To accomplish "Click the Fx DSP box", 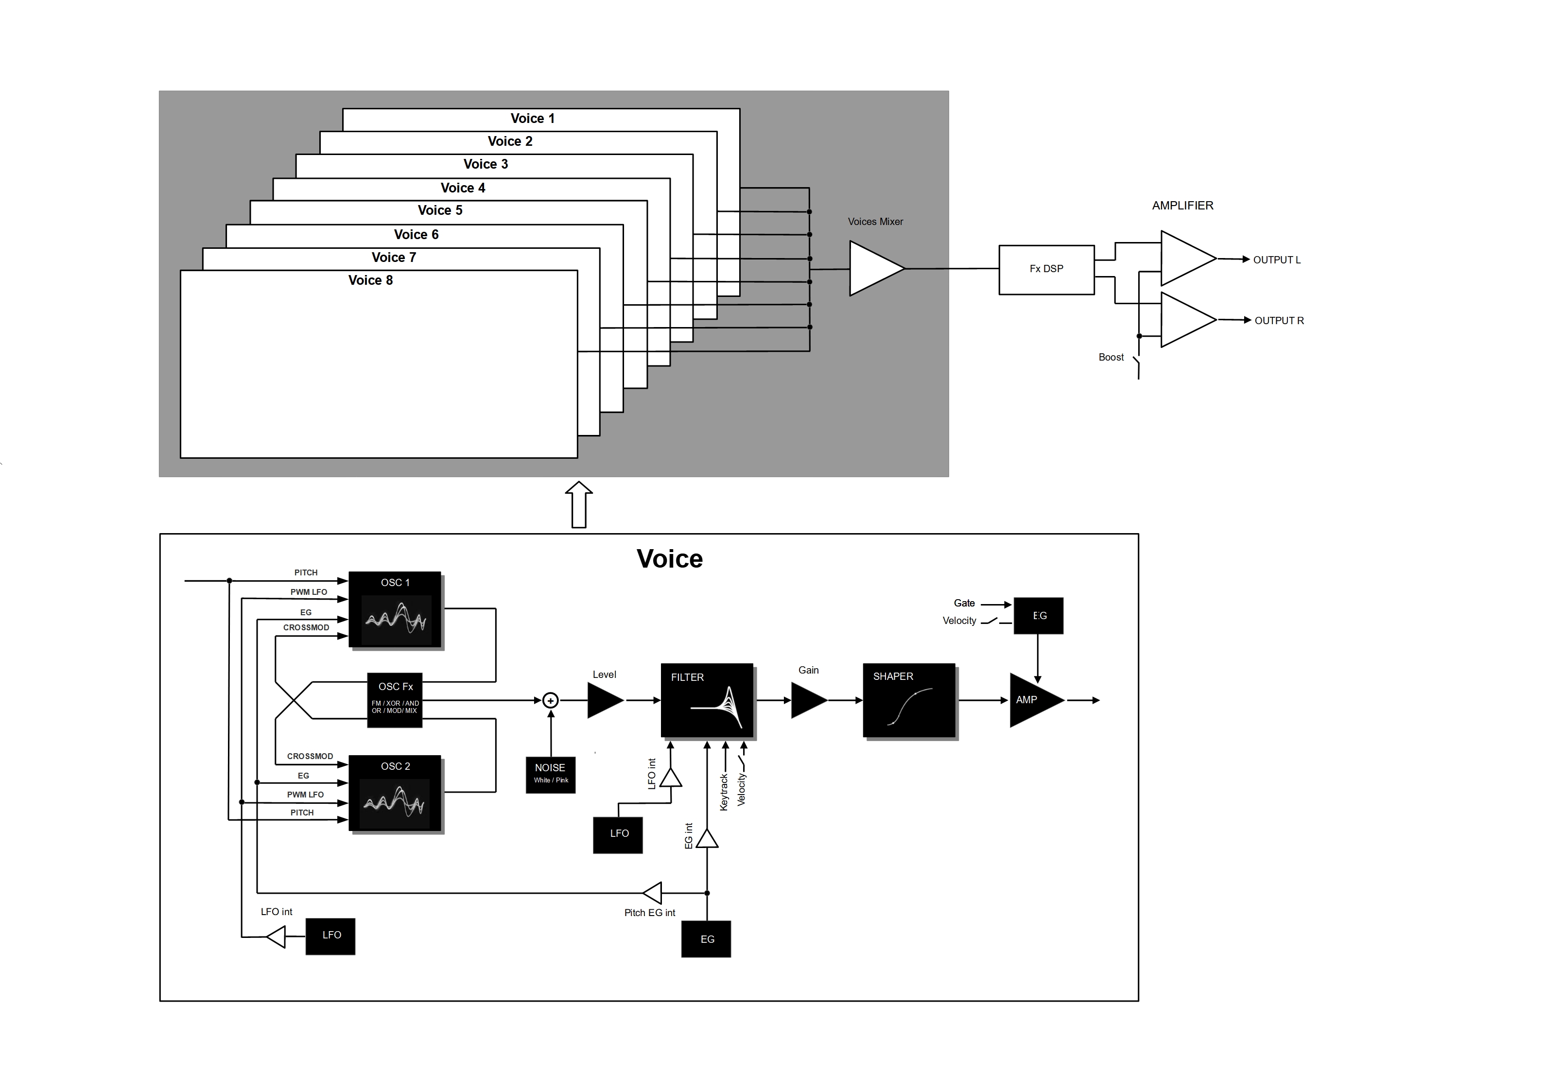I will click(1046, 269).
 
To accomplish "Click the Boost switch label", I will click(1111, 357).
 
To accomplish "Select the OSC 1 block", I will click(395, 610).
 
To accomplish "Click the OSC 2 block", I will click(395, 794).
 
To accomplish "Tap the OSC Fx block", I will click(395, 700).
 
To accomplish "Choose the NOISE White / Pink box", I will click(551, 775).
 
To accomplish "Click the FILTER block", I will click(707, 701).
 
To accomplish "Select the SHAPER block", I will click(909, 701).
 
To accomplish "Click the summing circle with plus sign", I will click(551, 701).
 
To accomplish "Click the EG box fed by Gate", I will click(1038, 615).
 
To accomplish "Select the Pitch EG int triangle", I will click(653, 893).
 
